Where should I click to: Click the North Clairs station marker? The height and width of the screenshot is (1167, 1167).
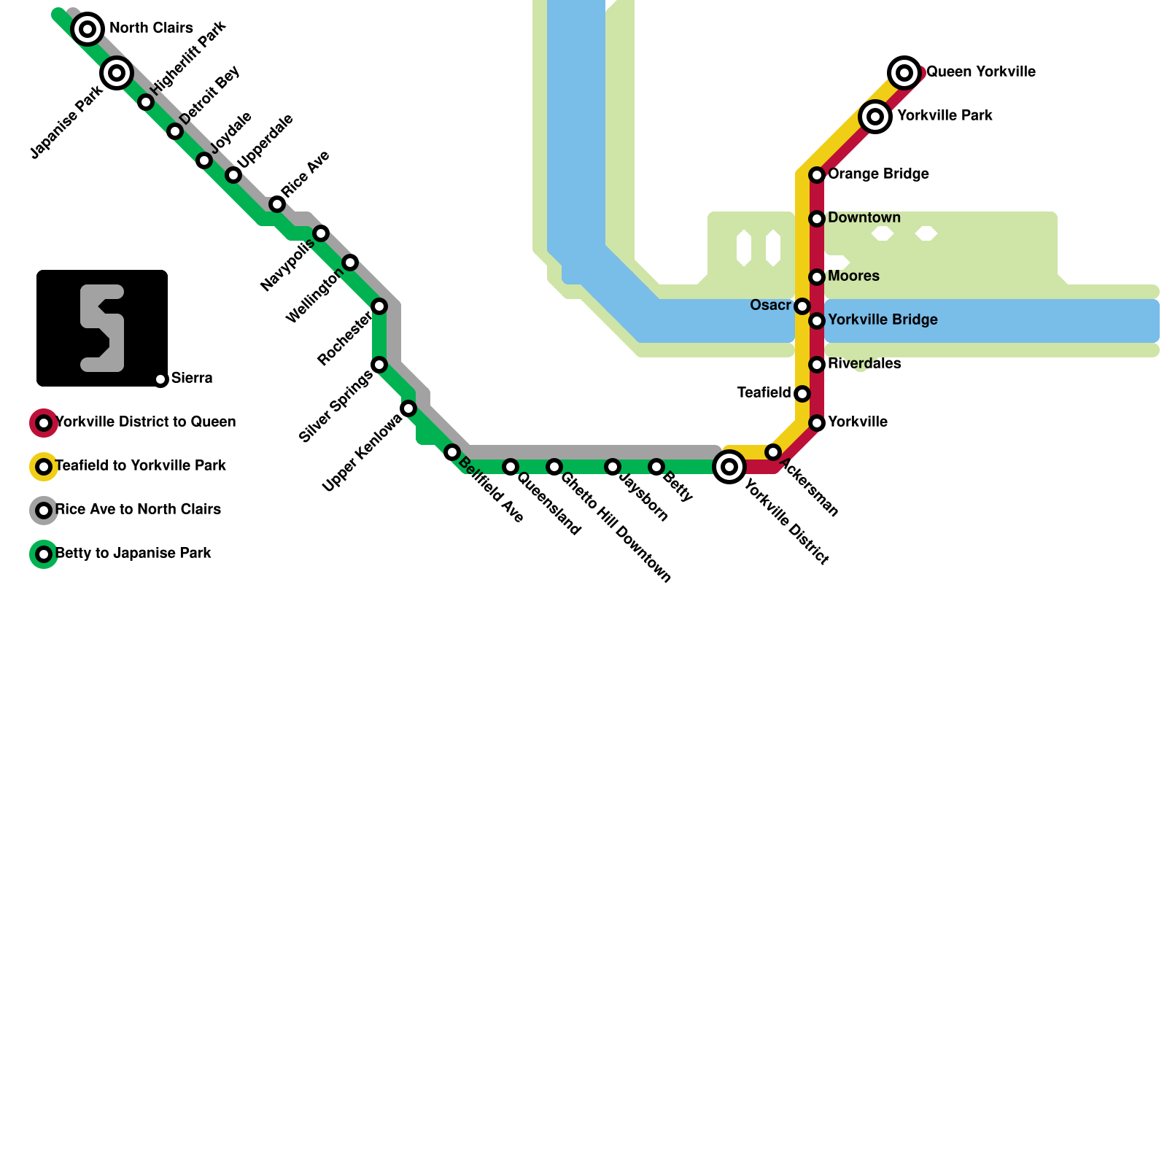click(x=88, y=29)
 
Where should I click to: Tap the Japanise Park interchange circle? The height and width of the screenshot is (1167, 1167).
click(x=117, y=73)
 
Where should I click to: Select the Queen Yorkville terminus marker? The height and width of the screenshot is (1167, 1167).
click(x=904, y=72)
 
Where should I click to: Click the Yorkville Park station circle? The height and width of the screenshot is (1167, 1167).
click(x=875, y=116)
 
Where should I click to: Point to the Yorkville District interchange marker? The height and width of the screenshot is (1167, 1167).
click(x=729, y=466)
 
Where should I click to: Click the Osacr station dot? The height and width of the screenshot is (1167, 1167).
click(x=802, y=306)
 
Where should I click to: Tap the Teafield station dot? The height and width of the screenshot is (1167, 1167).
click(x=802, y=394)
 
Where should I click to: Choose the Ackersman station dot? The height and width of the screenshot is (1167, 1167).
click(x=773, y=452)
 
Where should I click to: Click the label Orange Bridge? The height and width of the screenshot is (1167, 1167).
click(x=878, y=174)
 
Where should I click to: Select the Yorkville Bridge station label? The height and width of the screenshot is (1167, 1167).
click(x=883, y=320)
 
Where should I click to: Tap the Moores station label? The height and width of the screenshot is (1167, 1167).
click(x=853, y=276)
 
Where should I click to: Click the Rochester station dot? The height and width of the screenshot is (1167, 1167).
click(x=379, y=306)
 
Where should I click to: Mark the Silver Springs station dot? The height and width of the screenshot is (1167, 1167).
click(x=379, y=365)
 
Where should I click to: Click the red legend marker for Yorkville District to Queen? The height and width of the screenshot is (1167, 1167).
click(x=44, y=423)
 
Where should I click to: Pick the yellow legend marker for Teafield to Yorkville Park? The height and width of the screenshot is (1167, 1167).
click(x=44, y=467)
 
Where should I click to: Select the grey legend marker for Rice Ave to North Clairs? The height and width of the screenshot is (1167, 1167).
click(x=44, y=511)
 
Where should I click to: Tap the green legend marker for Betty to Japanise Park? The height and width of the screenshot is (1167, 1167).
click(x=44, y=554)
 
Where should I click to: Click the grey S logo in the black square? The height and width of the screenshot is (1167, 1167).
click(x=102, y=328)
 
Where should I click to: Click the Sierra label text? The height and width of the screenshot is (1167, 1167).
click(x=192, y=379)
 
